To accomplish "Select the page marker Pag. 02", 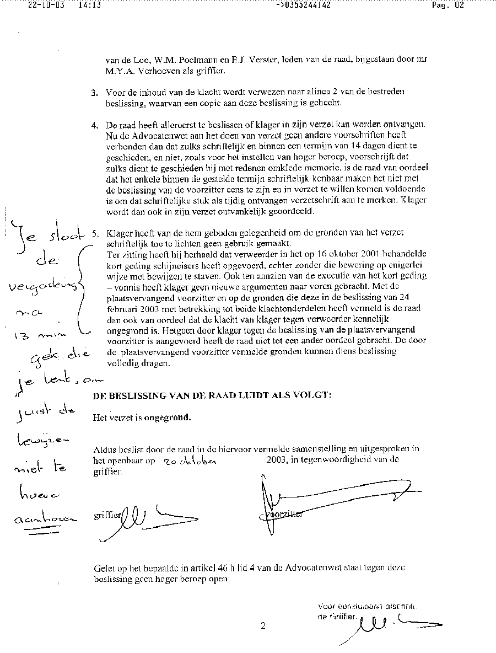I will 448,6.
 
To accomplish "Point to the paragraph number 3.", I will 94,92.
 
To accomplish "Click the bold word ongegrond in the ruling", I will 168,418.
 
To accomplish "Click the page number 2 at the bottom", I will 263,625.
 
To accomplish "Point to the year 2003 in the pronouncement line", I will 277,459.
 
